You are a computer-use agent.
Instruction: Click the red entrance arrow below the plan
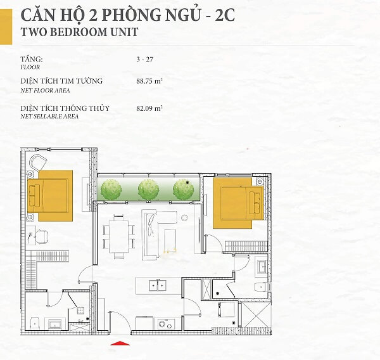point(120,343)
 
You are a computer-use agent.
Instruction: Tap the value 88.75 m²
point(149,81)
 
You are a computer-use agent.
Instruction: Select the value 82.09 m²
point(149,108)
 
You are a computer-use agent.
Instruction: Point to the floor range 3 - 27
point(144,60)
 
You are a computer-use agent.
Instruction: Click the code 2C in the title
point(225,15)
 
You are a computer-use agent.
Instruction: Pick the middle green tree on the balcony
point(148,190)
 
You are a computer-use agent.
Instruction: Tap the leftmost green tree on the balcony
point(111,190)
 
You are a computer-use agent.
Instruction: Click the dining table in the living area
point(118,236)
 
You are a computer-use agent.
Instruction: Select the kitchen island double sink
point(158,285)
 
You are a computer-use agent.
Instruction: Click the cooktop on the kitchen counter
point(166,324)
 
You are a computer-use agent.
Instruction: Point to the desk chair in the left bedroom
point(41,237)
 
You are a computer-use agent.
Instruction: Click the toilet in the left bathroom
point(35,323)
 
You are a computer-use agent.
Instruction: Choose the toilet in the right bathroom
point(262,287)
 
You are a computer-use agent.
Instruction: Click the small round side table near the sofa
point(184,217)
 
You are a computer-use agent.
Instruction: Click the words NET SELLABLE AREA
point(49,117)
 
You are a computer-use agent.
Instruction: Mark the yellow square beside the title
point(6,27)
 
